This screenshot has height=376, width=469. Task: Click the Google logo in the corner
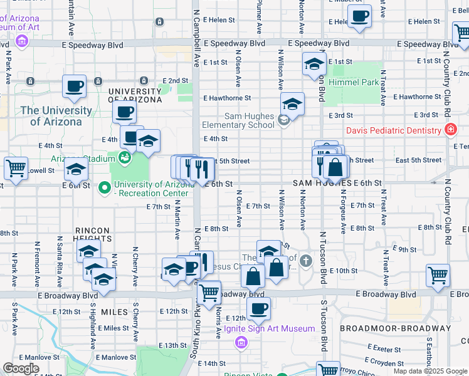21,368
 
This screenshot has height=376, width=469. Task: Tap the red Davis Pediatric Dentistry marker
450,130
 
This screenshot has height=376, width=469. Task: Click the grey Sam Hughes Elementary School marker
283,120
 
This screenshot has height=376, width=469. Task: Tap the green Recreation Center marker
104,187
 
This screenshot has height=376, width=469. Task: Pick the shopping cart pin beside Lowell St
16,167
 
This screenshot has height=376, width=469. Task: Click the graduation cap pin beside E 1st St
314,63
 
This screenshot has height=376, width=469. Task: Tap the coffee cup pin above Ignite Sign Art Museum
258,308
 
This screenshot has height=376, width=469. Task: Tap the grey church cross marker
305,260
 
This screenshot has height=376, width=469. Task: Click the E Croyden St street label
383,362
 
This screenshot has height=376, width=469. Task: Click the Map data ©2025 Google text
430,371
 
